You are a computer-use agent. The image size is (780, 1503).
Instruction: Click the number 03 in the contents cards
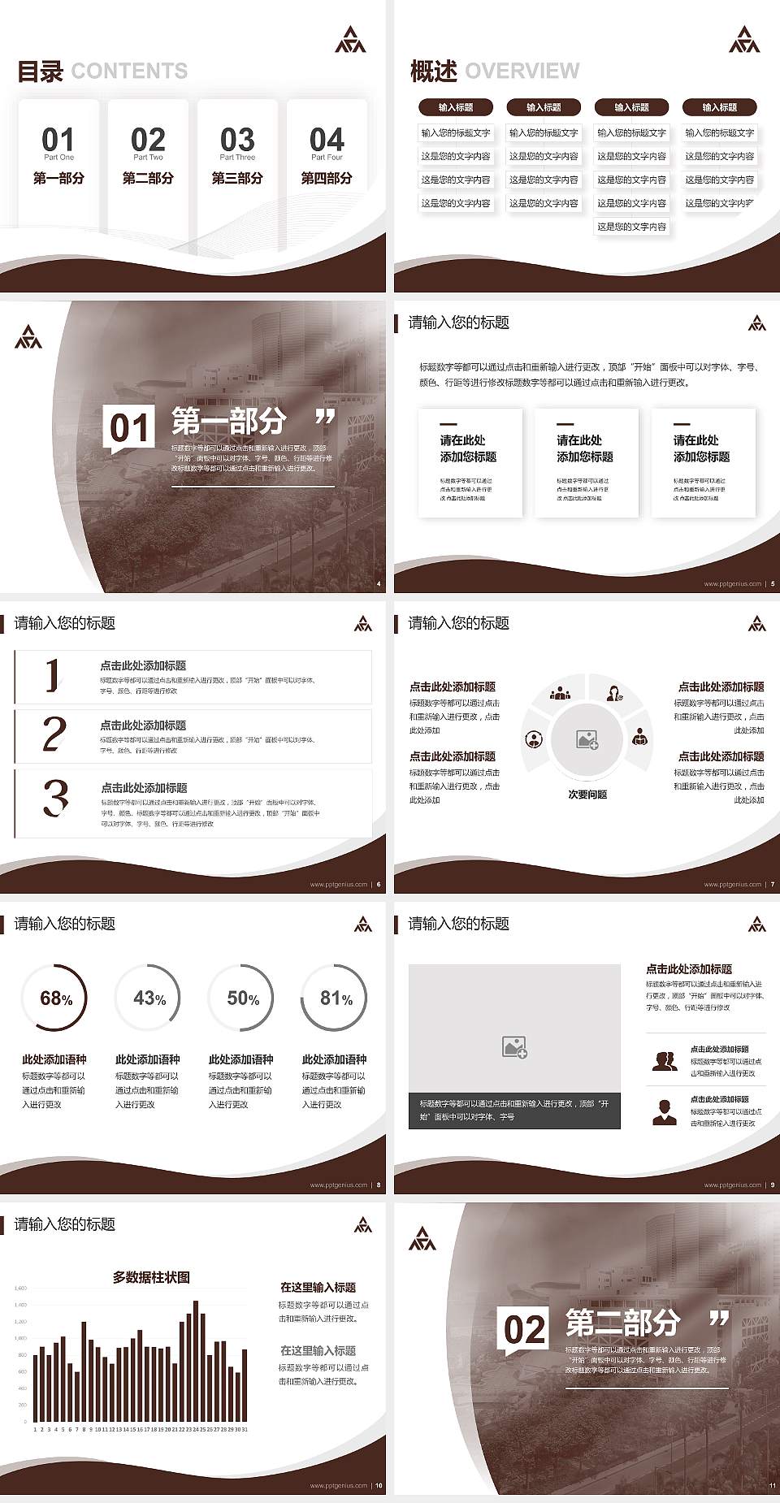[x=237, y=139]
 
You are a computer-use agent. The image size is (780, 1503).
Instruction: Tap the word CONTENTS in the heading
[x=129, y=71]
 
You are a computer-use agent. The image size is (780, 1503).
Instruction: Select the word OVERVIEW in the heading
[x=522, y=71]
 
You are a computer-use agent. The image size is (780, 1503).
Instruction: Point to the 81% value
[x=336, y=998]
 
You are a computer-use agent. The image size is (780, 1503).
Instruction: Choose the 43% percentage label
[x=149, y=998]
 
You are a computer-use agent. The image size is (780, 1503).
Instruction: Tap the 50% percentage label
[x=243, y=998]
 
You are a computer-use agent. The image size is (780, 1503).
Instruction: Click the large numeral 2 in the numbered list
[x=54, y=734]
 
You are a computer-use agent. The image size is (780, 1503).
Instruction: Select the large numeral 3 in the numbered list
[x=55, y=798]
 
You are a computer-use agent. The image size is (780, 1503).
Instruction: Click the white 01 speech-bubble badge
[x=129, y=428]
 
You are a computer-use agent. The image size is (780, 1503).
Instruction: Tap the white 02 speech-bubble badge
[x=524, y=1330]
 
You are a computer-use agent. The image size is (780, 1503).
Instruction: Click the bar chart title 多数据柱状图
[x=151, y=1277]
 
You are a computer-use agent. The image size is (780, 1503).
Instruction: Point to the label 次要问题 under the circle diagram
[x=587, y=795]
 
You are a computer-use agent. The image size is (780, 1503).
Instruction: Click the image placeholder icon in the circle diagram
[x=587, y=739]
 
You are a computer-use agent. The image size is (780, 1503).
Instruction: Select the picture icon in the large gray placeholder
[x=514, y=1047]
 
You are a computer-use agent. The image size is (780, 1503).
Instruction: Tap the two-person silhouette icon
[x=665, y=1061]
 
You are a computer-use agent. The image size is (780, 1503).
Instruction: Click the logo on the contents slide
[x=350, y=39]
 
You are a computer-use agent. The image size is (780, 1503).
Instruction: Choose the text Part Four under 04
[x=327, y=158]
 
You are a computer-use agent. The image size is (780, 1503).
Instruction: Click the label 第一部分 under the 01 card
[x=58, y=178]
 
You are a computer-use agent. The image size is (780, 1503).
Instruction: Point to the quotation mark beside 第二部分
[x=719, y=1318]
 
